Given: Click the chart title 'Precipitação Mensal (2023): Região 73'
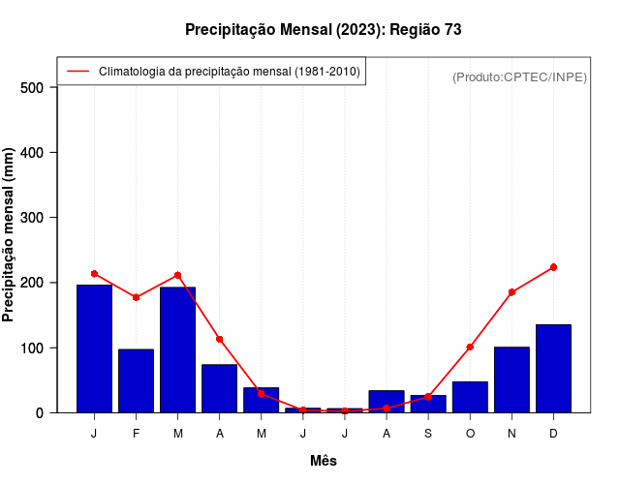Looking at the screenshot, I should click(323, 30).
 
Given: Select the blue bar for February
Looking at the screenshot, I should click(136, 380).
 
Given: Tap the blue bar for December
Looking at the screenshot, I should click(553, 368).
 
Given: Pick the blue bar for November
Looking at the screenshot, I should click(511, 379).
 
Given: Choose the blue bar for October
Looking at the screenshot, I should click(470, 397).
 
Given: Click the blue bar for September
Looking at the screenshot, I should click(428, 404).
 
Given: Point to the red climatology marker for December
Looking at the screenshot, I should click(553, 267).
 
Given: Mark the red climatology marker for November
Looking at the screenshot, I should click(511, 291).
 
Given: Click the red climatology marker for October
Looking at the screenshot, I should click(470, 347).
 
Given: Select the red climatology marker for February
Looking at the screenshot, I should click(136, 297).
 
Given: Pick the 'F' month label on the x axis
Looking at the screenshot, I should click(136, 434).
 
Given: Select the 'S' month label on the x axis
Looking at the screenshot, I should click(428, 434).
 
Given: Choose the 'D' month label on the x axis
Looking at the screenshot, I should click(553, 434).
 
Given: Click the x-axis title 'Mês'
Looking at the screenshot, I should click(324, 461).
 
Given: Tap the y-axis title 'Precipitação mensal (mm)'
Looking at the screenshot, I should click(10, 235).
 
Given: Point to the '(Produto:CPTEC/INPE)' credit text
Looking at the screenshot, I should click(519, 76).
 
